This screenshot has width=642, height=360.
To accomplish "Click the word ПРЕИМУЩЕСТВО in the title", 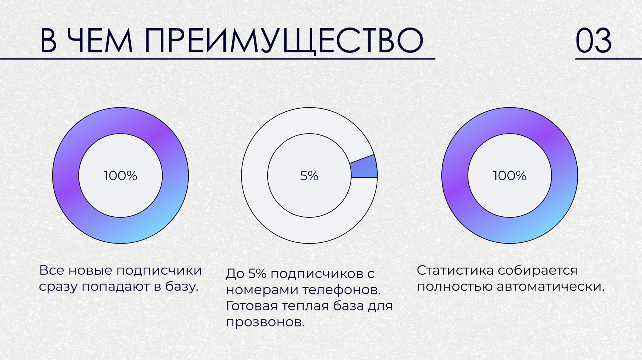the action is click(x=284, y=41).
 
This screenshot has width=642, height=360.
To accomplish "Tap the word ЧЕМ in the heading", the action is click(x=100, y=40).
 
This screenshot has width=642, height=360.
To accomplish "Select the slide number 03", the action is click(x=594, y=41).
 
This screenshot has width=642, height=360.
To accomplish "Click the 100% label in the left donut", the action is click(x=120, y=176).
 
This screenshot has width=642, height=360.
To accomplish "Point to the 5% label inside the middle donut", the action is click(x=309, y=176).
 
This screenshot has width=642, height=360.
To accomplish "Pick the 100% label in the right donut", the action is click(x=510, y=176).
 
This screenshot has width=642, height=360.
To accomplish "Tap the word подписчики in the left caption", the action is click(x=159, y=271).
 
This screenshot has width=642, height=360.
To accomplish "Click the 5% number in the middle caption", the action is click(x=257, y=274).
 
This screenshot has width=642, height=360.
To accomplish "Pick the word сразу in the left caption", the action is click(x=58, y=287).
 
